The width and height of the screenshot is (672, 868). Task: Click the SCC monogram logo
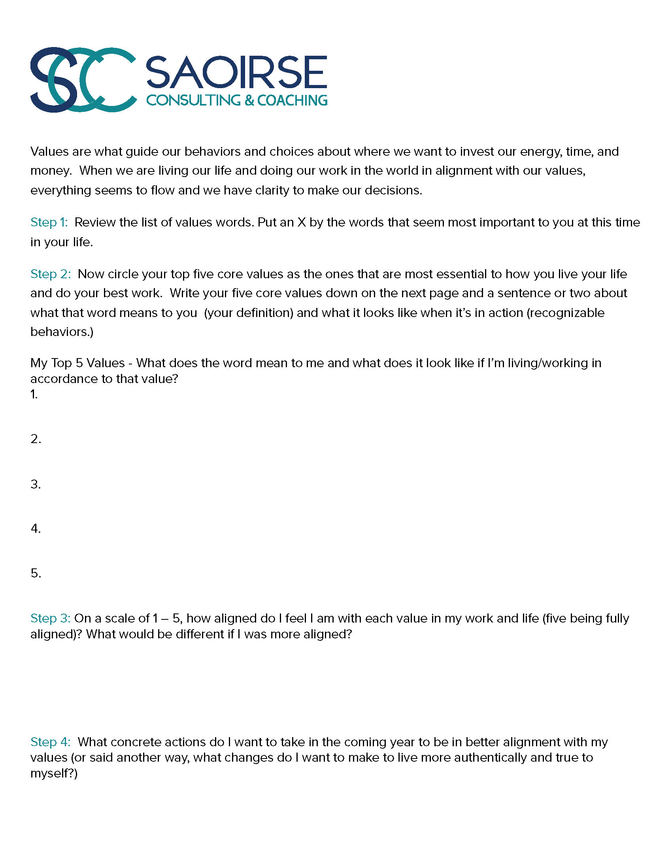pyautogui.click(x=83, y=79)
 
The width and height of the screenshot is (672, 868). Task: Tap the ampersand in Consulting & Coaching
pyautogui.click(x=249, y=100)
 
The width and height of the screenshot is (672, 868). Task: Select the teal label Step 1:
pyautogui.click(x=49, y=222)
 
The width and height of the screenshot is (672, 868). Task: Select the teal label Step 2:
pyautogui.click(x=51, y=274)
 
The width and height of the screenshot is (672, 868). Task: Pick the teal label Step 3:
pyautogui.click(x=51, y=618)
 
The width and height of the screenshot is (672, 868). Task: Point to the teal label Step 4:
pyautogui.click(x=51, y=742)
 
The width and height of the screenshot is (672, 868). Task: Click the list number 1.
pyautogui.click(x=34, y=394)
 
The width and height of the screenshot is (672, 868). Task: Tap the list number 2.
pyautogui.click(x=35, y=439)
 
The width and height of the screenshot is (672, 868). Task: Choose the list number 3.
pyautogui.click(x=35, y=484)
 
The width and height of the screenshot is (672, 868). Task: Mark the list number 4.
pyautogui.click(x=35, y=528)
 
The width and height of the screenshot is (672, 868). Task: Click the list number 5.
pyautogui.click(x=35, y=573)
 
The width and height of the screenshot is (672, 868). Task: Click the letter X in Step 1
pyautogui.click(x=302, y=222)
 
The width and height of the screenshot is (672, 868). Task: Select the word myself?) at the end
pyautogui.click(x=54, y=774)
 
